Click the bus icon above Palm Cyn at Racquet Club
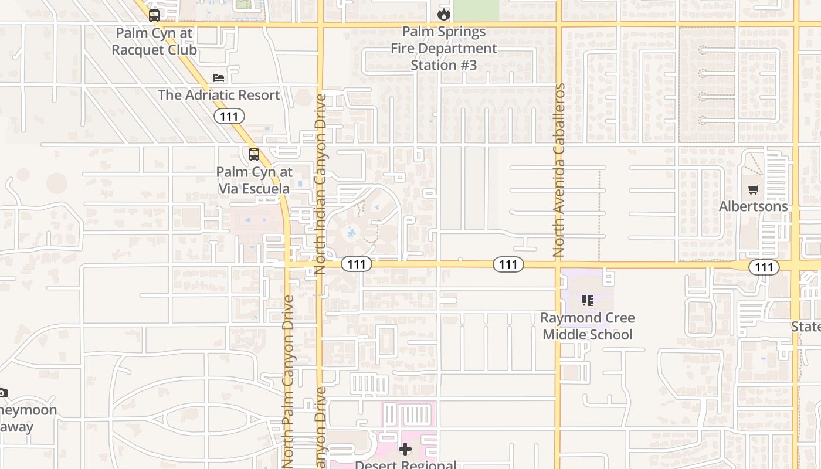154,16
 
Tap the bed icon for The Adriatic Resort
219,77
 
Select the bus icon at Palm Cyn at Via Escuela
253,155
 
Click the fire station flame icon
444,13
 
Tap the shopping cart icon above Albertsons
754,189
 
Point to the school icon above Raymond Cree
587,301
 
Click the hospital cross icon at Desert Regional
405,450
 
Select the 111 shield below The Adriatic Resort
229,116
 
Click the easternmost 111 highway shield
764,267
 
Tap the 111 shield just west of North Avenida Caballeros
508,264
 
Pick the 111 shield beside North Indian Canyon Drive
356,264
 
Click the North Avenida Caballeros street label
559,170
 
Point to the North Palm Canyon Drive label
288,381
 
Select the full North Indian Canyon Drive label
320,184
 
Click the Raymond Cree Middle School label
587,326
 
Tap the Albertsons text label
754,206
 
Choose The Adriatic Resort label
219,95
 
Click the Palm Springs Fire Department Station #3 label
444,48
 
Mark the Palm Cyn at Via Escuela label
254,180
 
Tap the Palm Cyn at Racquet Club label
154,41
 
